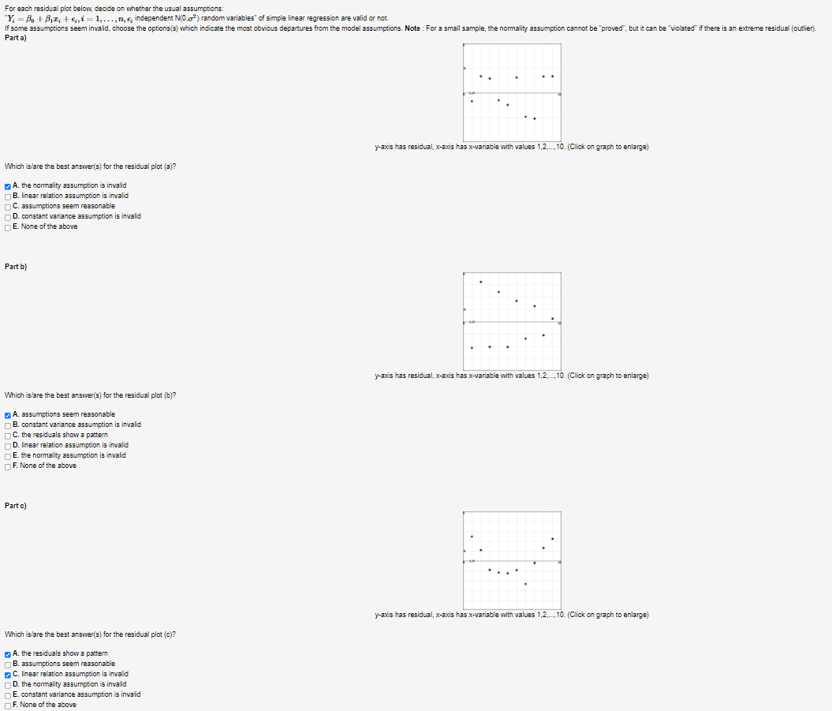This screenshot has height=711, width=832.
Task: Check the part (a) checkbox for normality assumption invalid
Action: click(7, 185)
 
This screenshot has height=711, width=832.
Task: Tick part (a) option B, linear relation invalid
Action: click(7, 196)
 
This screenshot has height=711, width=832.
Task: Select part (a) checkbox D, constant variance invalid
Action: click(7, 216)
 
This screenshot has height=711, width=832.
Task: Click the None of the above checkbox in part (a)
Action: click(7, 226)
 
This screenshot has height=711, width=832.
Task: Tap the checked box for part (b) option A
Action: click(7, 414)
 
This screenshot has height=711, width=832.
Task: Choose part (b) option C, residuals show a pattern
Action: click(7, 435)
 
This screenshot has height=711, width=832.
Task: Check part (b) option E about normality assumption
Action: click(7, 455)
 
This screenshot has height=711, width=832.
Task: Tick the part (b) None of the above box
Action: click(7, 466)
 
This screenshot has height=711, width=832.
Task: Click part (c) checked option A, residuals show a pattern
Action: click(7, 653)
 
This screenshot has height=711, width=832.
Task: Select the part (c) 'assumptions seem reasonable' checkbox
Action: click(7, 664)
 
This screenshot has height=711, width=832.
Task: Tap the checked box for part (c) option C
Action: click(7, 674)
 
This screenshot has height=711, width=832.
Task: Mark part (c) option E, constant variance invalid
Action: click(7, 694)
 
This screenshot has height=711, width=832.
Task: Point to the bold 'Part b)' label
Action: click(16, 267)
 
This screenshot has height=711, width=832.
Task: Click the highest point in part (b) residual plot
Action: click(481, 282)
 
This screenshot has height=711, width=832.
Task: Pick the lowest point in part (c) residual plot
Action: click(525, 584)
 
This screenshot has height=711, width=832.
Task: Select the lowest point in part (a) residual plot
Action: click(535, 118)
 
